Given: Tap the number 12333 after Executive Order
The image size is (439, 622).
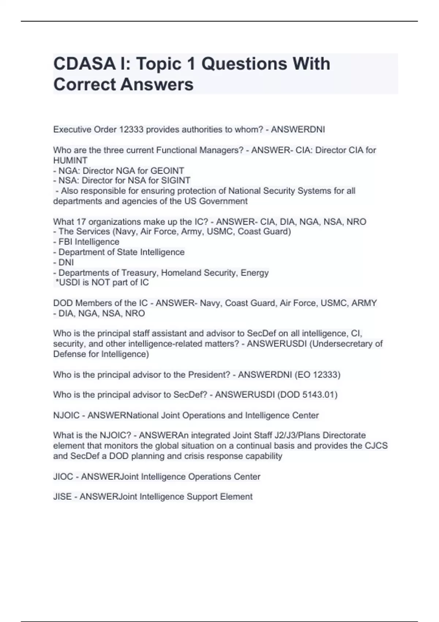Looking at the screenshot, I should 131,130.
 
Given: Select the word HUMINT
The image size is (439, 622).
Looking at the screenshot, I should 70,161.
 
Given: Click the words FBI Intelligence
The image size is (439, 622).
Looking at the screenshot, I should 89,242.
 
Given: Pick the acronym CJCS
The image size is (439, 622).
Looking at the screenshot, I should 376,446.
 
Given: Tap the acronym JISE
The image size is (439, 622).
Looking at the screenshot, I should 63,497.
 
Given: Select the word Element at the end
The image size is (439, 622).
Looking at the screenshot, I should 236,497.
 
